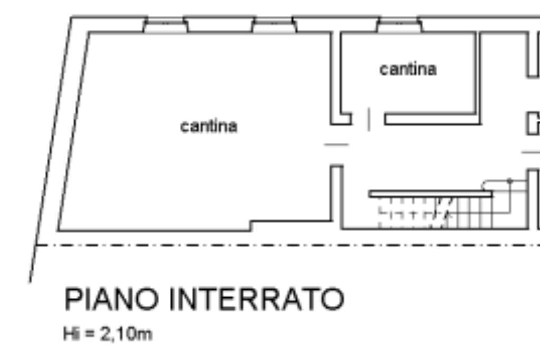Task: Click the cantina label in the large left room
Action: (x=209, y=127)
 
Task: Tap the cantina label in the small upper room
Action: (x=408, y=69)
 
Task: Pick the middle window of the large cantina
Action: (x=273, y=25)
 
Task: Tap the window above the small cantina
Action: (x=399, y=25)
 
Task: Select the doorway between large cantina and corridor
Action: (x=336, y=144)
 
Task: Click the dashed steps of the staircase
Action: (x=411, y=214)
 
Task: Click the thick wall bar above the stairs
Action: (x=430, y=194)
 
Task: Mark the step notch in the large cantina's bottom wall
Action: (x=251, y=226)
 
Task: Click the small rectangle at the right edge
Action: (x=533, y=123)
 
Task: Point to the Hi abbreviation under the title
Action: (x=70, y=334)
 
